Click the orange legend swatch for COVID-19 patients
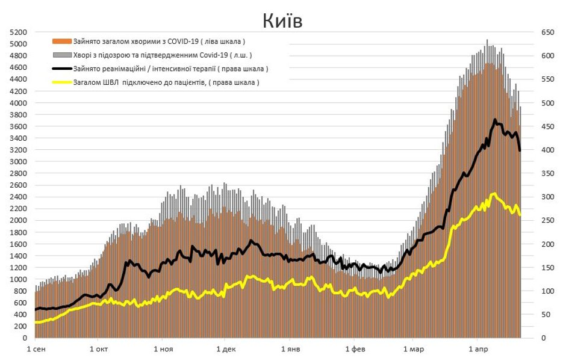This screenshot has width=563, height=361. click(x=63, y=42)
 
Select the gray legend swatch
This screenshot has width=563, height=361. click(x=63, y=55)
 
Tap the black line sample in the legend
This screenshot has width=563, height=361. click(x=63, y=69)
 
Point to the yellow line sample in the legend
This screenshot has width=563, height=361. click(x=63, y=82)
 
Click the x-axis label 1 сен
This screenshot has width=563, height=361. click(x=36, y=349)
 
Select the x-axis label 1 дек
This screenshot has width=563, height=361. click(x=225, y=349)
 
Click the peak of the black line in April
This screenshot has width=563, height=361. click(x=495, y=119)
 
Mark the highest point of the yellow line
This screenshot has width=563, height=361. click(x=494, y=193)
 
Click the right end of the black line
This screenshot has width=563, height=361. click(x=520, y=150)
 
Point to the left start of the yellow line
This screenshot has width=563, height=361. click(x=35, y=322)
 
